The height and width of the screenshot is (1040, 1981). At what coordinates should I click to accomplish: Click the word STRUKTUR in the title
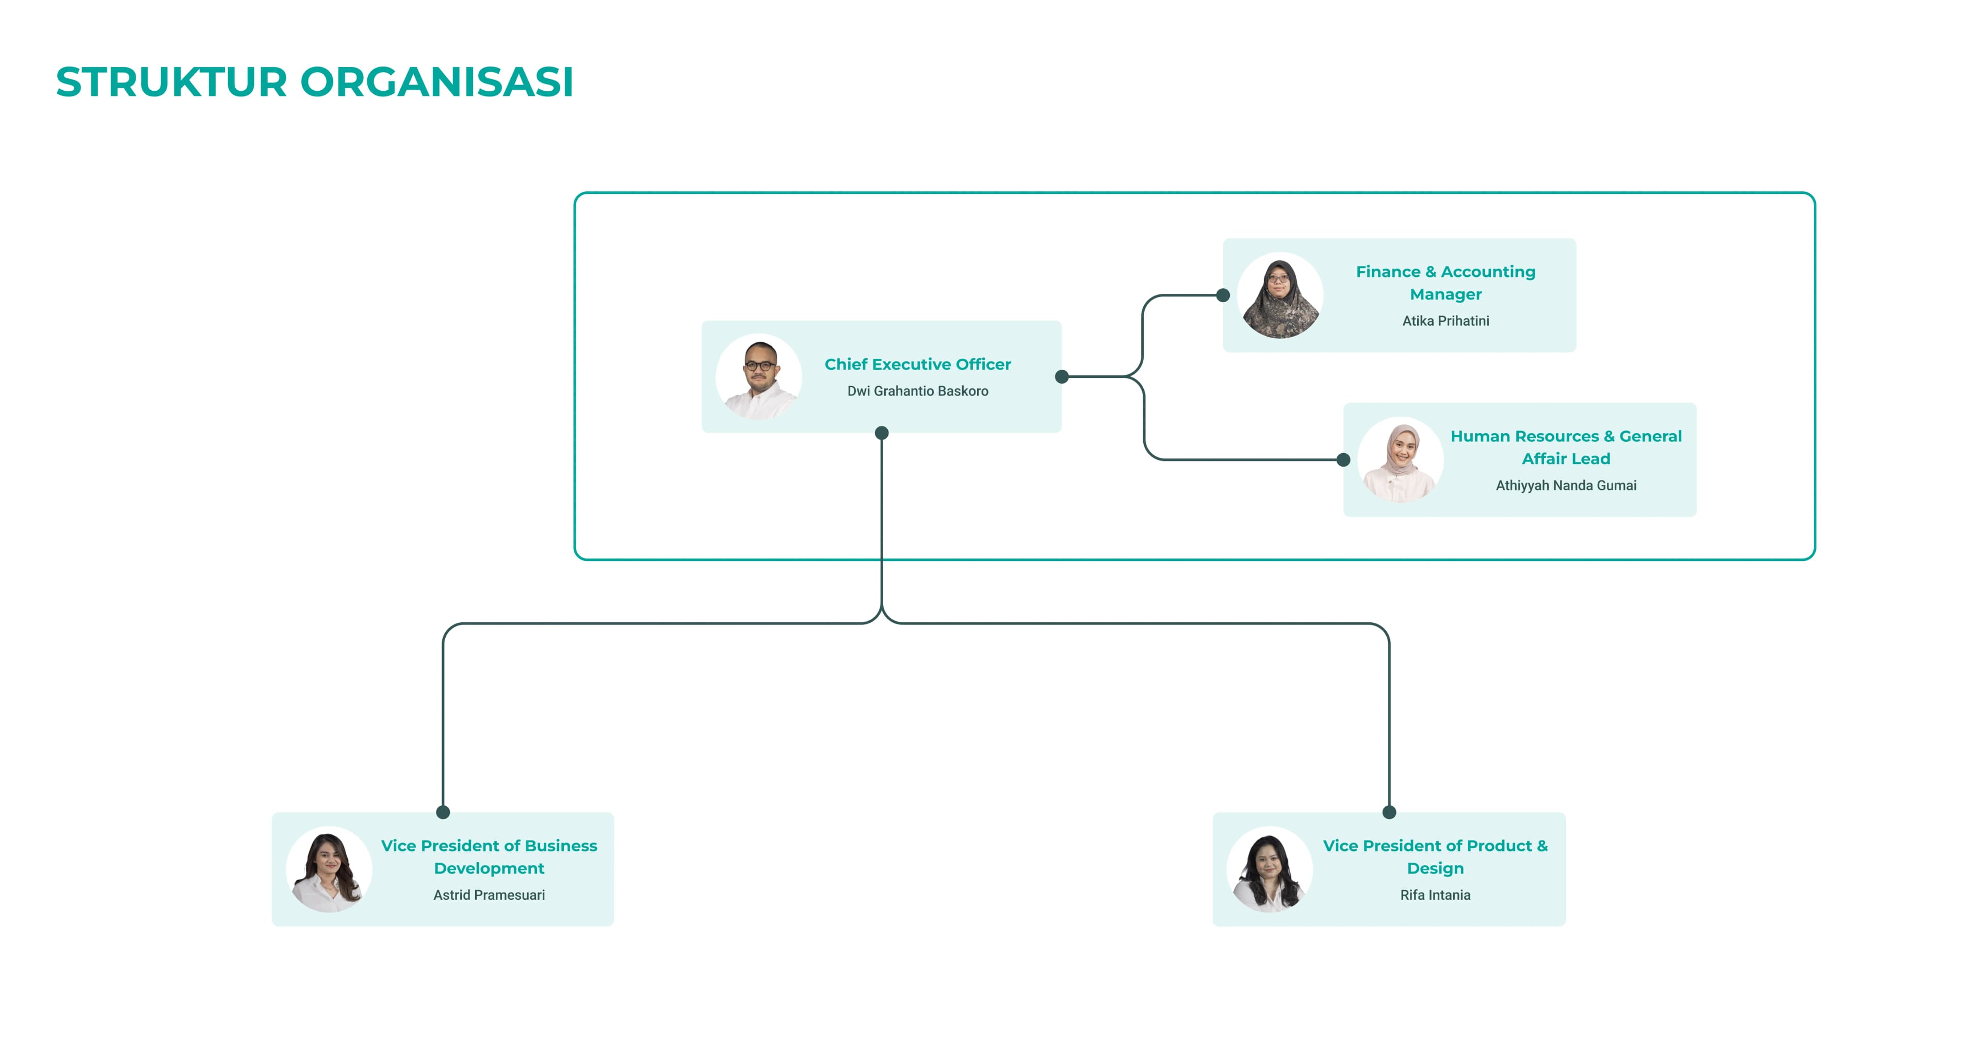click(171, 82)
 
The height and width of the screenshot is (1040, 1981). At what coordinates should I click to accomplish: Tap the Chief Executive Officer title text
click(917, 365)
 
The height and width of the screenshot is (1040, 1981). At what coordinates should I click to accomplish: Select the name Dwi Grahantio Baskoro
click(917, 391)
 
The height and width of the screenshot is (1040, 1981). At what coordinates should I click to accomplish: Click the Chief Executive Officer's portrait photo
click(759, 376)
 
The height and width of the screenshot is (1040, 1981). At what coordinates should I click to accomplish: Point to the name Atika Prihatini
click(1445, 321)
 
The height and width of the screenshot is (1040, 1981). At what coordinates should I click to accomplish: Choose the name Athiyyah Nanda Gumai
click(1566, 486)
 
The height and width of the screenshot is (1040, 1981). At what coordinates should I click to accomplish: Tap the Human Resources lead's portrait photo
click(1401, 459)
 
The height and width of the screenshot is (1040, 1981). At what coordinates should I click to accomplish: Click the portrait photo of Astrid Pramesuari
click(329, 869)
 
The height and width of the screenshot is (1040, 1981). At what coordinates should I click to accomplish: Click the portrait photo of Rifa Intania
click(1270, 869)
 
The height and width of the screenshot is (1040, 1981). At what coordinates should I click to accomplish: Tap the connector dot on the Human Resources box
click(1343, 459)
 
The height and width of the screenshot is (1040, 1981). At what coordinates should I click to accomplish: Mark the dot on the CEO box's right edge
click(1062, 376)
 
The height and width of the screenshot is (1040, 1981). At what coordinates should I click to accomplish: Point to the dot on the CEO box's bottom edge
click(882, 433)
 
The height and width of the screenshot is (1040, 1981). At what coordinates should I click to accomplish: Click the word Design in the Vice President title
click(1435, 869)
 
